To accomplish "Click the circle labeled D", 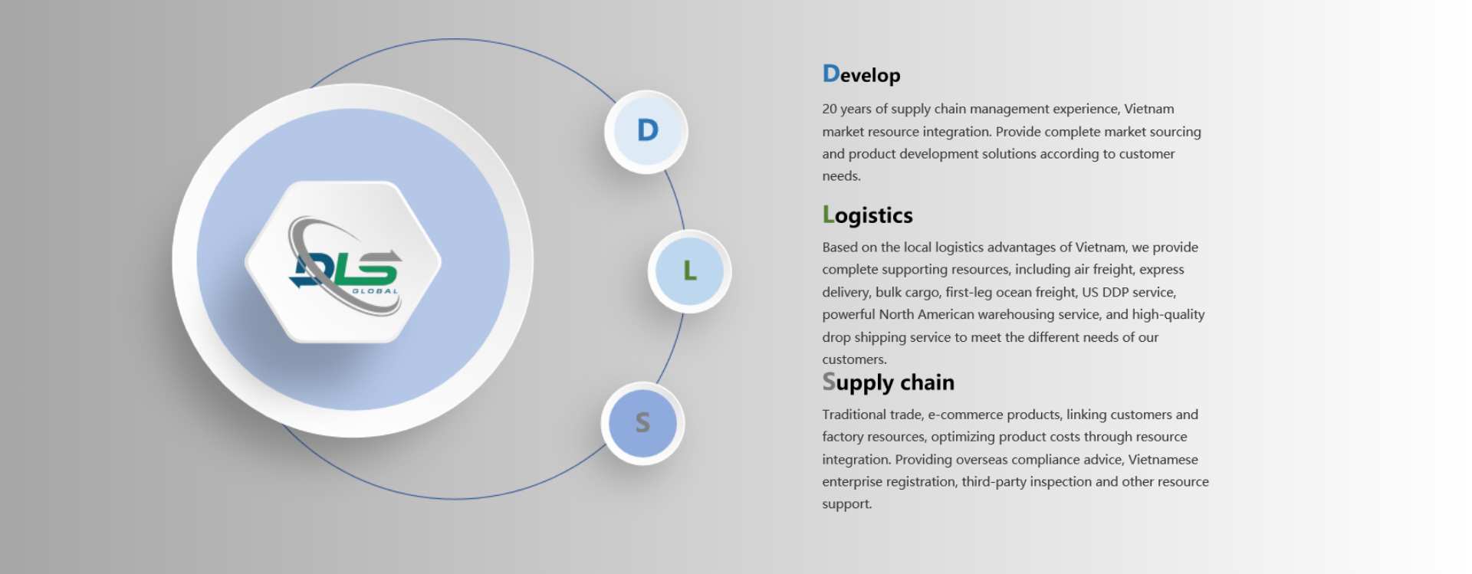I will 646,132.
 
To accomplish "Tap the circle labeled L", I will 689,271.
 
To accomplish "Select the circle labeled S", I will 642,423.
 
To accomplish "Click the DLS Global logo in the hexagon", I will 343,264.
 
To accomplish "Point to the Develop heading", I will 861,74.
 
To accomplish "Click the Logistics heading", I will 867,215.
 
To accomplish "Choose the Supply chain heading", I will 888,382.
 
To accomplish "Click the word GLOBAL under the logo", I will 375,291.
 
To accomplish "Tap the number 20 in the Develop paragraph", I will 830,109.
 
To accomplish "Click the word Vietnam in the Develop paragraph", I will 1148,109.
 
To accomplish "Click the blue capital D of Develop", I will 831,74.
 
